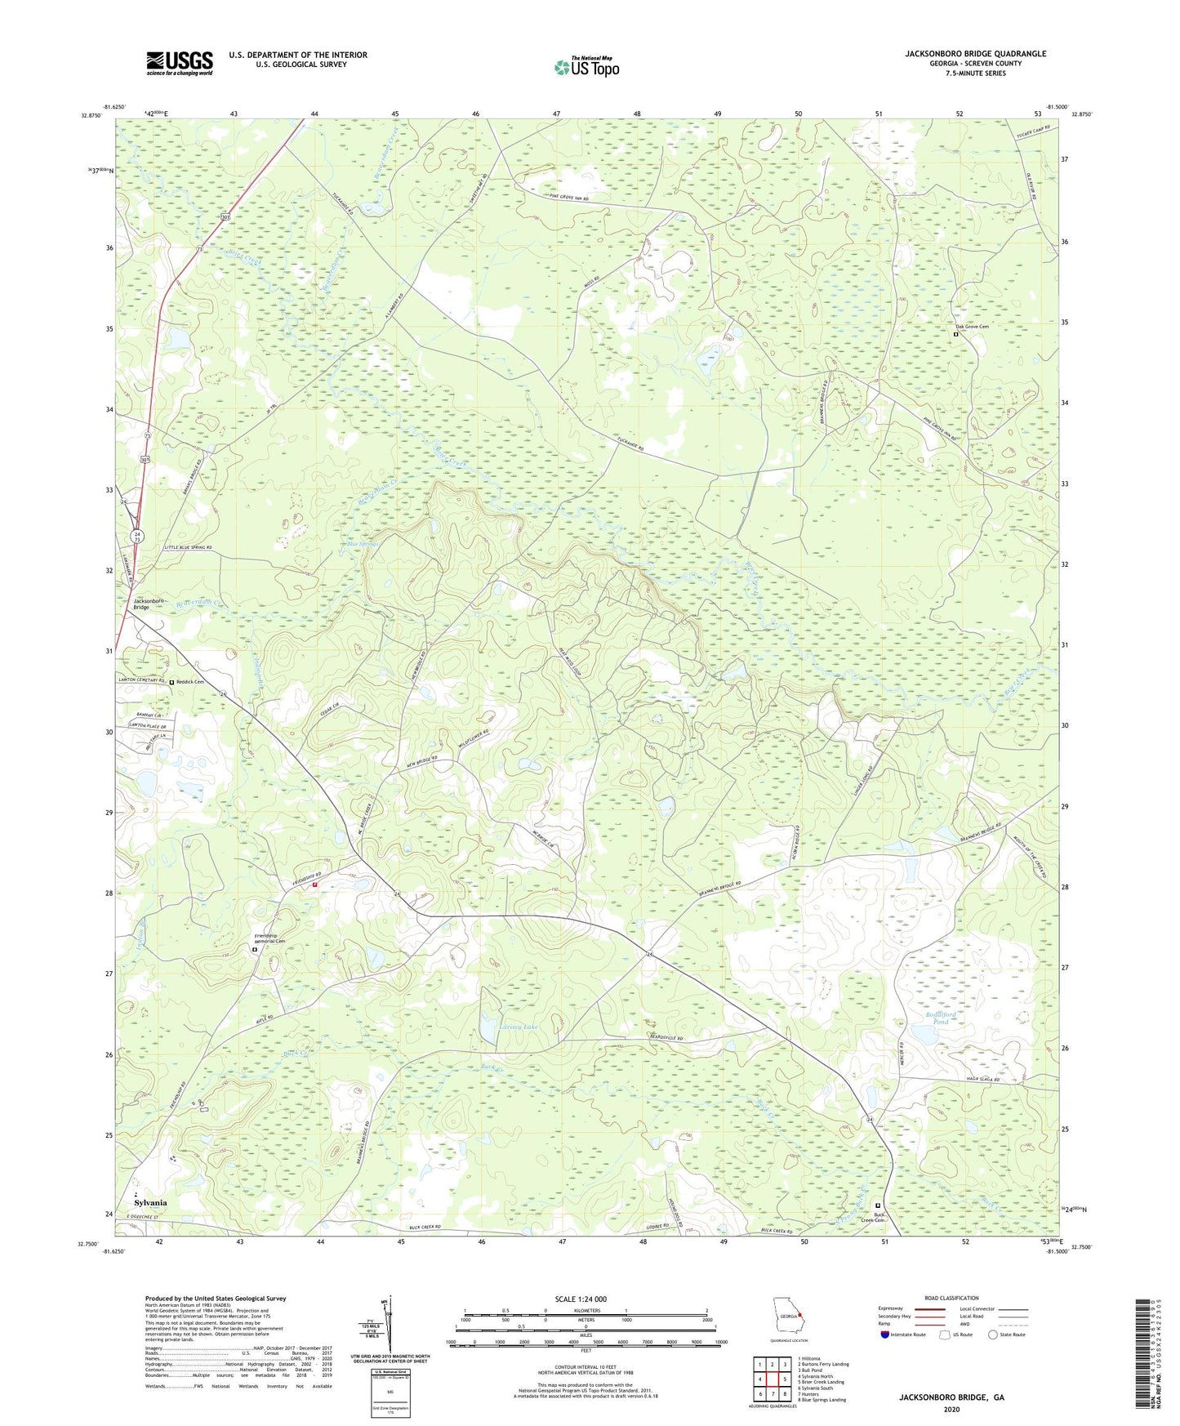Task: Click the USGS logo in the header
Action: pyautogui.click(x=179, y=63)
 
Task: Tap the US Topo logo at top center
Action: pyautogui.click(x=586, y=66)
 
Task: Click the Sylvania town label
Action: pyautogui.click(x=150, y=1203)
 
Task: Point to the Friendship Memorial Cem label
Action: pyautogui.click(x=270, y=939)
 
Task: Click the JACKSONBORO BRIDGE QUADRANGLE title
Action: pyautogui.click(x=975, y=54)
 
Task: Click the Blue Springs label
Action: pyautogui.click(x=364, y=544)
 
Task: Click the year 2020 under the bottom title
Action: pyautogui.click(x=951, y=1409)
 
